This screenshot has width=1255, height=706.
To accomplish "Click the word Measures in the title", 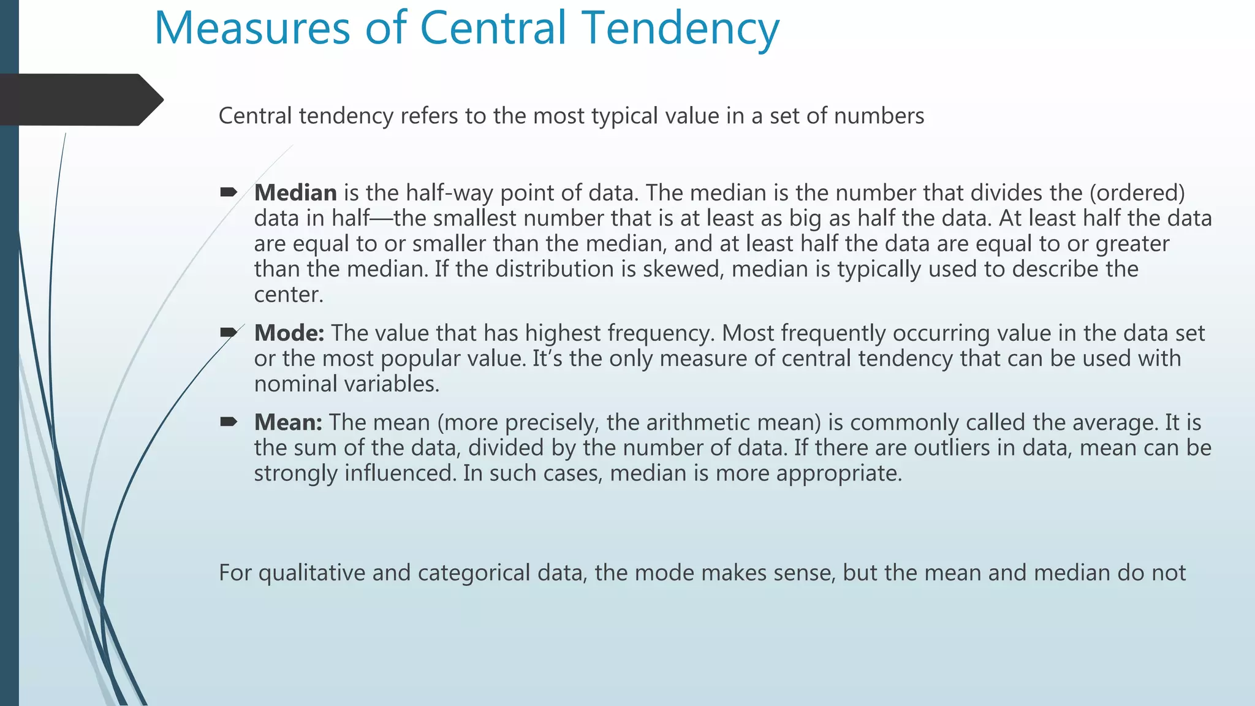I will coord(251,28).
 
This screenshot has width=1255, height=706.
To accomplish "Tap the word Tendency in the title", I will coord(681,29).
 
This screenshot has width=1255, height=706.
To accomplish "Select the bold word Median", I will coord(295,193).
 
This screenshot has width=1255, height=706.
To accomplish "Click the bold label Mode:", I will coord(289,333).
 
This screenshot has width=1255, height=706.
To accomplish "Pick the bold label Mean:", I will coord(288,422).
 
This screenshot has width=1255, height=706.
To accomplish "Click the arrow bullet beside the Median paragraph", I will coord(229,193).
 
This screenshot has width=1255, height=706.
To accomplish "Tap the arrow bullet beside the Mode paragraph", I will coord(229,333).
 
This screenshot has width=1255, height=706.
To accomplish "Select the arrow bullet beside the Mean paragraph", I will coord(229,422).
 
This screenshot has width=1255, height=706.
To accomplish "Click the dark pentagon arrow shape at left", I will coord(80,100).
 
